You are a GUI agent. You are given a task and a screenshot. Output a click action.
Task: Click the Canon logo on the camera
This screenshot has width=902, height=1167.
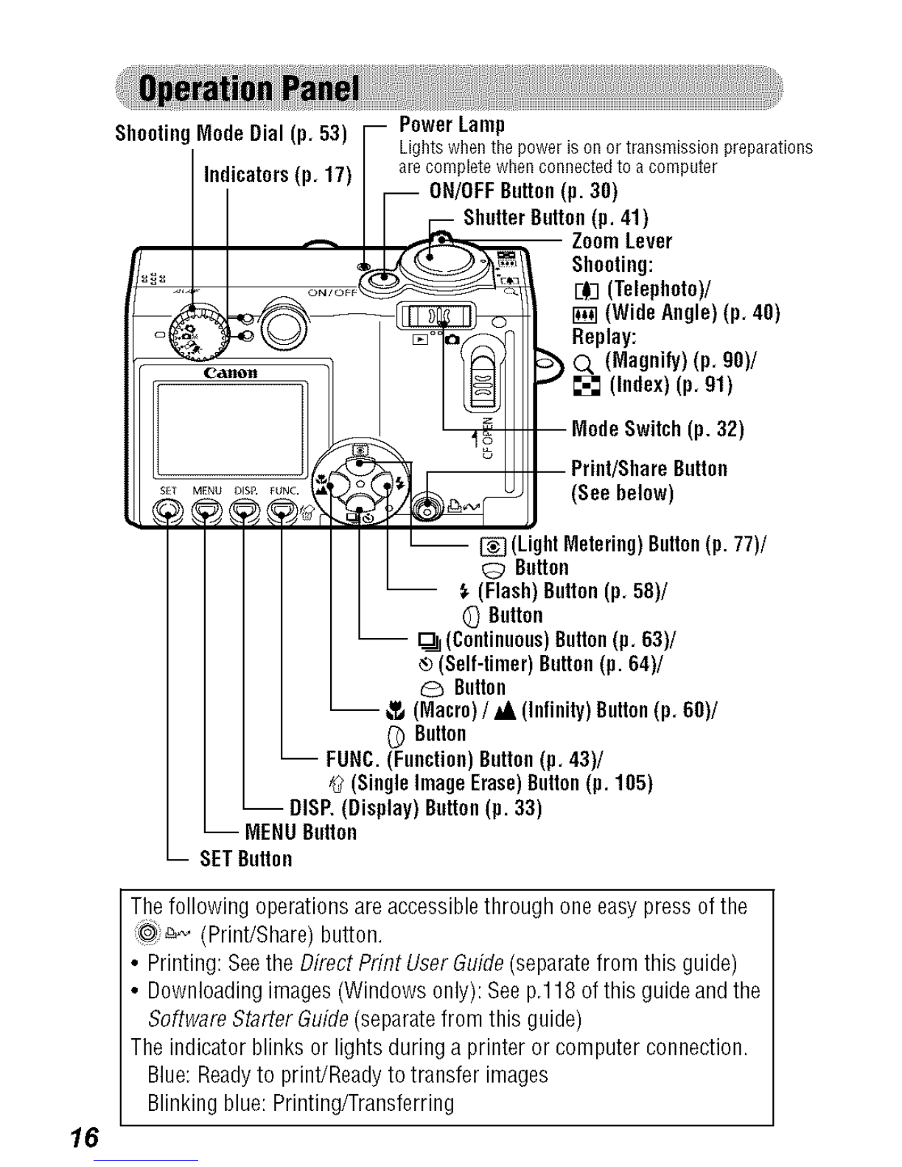pos(230,373)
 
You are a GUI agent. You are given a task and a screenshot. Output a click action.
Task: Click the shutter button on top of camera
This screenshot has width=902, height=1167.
pos(430,257)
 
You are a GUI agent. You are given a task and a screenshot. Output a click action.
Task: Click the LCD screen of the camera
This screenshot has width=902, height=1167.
pos(229,430)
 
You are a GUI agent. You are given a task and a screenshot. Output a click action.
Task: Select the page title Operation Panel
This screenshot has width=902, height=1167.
pos(249,88)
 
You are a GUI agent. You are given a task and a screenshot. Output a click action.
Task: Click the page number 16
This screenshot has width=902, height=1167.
pos(84,1138)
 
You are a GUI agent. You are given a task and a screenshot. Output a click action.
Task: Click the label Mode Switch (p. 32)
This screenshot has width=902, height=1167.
pos(657,429)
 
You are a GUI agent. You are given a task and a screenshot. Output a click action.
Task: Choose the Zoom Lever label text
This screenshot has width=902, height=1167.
pos(621,241)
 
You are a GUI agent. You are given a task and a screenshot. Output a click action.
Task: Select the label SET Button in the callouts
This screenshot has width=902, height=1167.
pos(246,859)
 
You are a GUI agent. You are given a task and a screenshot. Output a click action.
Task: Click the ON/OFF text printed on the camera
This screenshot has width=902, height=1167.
pos(332,292)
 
